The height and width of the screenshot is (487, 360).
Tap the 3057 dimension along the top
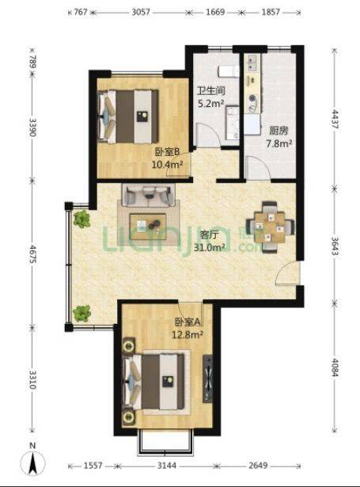(x=141, y=12)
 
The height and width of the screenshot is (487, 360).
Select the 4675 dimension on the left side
(x=32, y=253)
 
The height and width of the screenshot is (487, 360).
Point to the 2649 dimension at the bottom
(x=258, y=466)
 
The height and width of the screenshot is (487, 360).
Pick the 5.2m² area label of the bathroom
(x=210, y=103)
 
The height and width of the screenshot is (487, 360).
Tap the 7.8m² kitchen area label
(x=279, y=143)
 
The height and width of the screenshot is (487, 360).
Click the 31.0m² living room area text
(x=210, y=247)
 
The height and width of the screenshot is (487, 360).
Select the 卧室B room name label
(x=168, y=152)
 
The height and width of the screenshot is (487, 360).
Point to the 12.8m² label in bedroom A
(x=188, y=334)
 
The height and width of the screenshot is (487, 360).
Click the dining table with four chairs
(x=270, y=227)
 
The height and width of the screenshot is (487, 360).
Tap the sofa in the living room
(x=148, y=195)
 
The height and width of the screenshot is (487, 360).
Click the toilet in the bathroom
(x=229, y=71)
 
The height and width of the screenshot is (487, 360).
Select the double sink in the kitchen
(x=252, y=63)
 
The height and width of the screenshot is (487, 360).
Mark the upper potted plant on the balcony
(x=82, y=219)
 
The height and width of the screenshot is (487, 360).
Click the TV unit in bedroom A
(x=208, y=379)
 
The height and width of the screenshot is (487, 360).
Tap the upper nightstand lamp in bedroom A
(x=128, y=346)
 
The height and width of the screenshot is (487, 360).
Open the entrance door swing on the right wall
(x=288, y=272)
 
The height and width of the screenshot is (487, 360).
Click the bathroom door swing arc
(x=209, y=135)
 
